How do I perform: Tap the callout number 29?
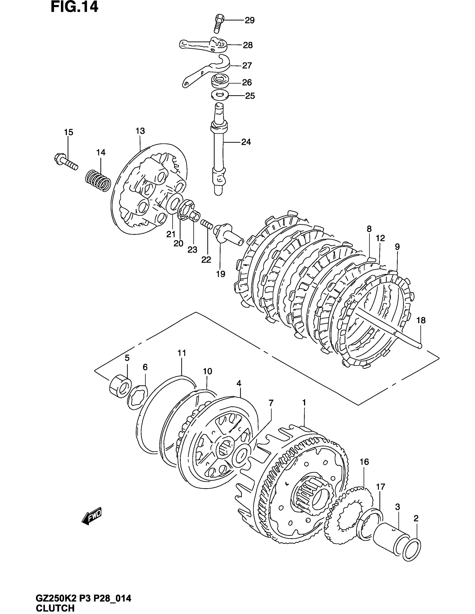coord(249,21)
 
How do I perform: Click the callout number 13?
coord(140,131)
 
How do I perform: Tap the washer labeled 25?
coord(220,95)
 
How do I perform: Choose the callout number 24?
coord(246,142)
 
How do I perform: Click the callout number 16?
coord(364,462)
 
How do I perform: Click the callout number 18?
coord(421,320)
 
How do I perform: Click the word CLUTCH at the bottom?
coord(55,608)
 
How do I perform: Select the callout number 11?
coord(182,353)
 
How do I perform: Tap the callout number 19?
coord(221,274)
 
